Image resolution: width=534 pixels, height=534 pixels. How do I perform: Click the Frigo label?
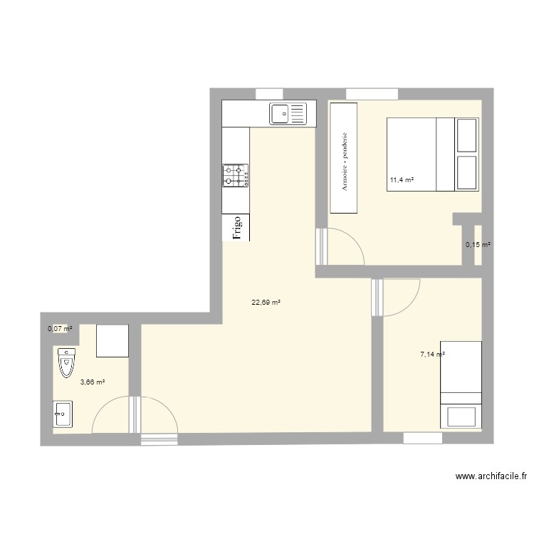pos(236,227)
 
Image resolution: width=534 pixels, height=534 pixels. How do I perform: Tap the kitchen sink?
pos(288,112)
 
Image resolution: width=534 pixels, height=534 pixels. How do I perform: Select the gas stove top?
pos(236,175)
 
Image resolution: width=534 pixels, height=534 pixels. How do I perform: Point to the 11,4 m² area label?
pos(402,180)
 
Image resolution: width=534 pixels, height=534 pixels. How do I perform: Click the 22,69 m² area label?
pos(266,302)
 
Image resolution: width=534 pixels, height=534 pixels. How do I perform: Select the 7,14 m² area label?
pos(432,354)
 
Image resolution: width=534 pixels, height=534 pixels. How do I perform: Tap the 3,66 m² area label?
pos(93,382)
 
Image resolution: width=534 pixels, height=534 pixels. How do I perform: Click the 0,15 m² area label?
pos(478,245)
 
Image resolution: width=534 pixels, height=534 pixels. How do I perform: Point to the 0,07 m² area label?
pos(60,329)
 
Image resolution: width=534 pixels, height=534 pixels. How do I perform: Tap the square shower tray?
pos(112,340)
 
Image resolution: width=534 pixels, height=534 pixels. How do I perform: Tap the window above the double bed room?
pos(372,93)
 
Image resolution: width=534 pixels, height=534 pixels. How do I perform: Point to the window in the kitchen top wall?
pos(269,93)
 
